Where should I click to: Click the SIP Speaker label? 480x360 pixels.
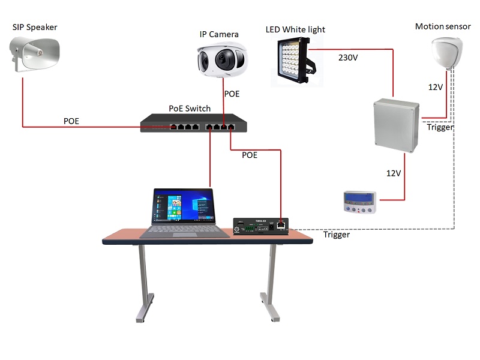pos(35,27)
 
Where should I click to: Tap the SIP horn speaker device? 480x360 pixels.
pos(36,55)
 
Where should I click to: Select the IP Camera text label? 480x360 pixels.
pos(219,34)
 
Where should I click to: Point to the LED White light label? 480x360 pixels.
pos(295,29)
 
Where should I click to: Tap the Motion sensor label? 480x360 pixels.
pos(443,26)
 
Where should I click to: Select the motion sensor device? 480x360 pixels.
pos(448,53)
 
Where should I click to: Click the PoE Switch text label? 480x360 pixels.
pos(190,109)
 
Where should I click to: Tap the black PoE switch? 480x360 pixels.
pos(192,124)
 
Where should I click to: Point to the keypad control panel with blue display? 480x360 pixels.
pos(360,202)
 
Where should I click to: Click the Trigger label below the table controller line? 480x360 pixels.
pos(337,235)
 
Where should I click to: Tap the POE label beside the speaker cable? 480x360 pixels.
pos(71,121)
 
